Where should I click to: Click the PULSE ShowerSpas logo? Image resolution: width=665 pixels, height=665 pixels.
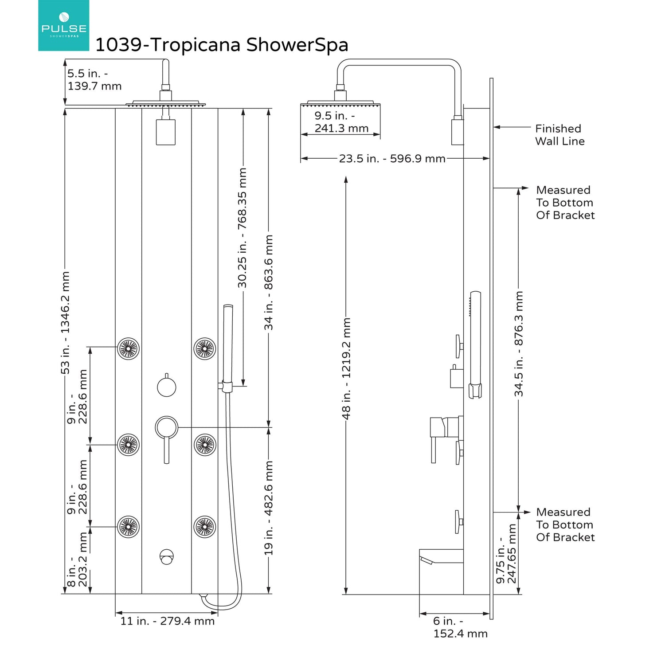coord(63,26)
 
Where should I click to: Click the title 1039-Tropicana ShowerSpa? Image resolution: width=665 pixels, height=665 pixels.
coord(222,45)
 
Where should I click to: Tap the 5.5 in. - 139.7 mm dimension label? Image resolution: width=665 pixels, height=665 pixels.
coord(94,80)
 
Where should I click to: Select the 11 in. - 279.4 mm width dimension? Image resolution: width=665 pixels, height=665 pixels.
coord(167,621)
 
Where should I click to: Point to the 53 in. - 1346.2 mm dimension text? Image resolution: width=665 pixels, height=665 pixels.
coord(65,323)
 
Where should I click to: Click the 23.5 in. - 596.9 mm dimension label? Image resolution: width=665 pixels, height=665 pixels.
coord(392,158)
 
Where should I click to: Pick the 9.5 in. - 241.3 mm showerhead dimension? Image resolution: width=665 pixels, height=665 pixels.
coord(341,122)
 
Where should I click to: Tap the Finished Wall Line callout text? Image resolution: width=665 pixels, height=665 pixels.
coord(559,135)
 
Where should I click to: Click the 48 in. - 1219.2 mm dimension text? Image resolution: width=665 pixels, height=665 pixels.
coord(346,368)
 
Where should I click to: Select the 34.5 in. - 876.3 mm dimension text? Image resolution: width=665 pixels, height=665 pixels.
coord(519,344)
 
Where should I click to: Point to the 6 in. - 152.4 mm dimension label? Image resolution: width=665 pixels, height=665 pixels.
coord(460,627)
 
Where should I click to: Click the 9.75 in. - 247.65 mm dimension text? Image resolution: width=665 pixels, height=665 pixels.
coord(506,554)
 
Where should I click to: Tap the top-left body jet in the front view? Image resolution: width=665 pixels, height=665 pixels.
coord(128,348)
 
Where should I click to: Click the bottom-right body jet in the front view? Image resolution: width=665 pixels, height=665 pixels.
coord(205,527)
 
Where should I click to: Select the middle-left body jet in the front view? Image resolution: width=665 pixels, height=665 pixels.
coord(128,444)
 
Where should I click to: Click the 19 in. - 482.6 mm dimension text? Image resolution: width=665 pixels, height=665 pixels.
coord(269,508)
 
